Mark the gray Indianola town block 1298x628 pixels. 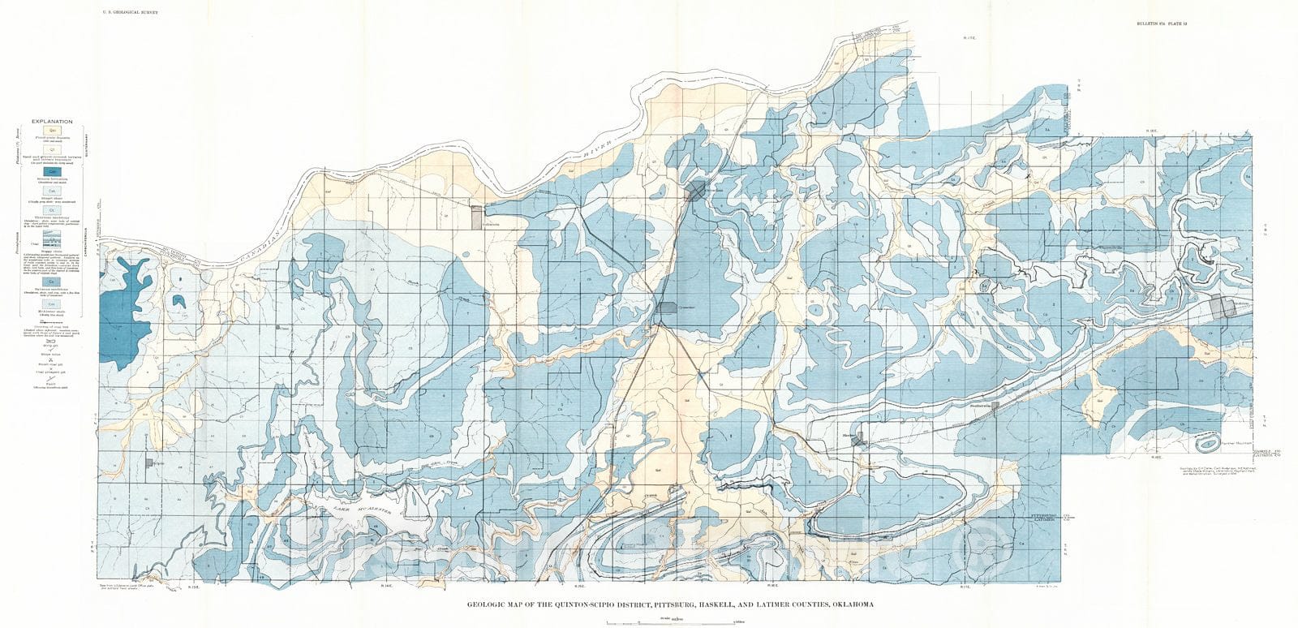[475, 217]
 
